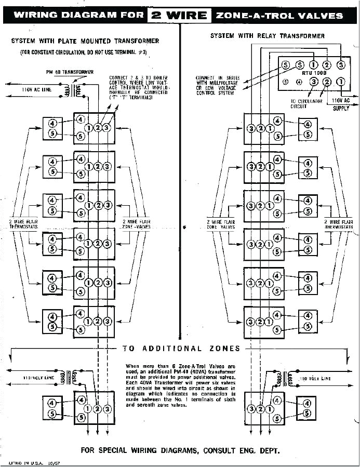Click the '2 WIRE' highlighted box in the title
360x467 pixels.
(x=179, y=15)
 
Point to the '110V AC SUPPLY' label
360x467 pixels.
(x=341, y=103)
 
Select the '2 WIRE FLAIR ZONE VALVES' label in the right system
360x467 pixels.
(x=221, y=224)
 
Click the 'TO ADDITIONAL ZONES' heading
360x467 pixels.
(x=181, y=349)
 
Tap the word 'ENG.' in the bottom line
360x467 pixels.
(x=238, y=450)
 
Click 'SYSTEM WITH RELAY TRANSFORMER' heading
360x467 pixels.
(x=267, y=36)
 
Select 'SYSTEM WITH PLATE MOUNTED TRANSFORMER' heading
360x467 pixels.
(x=85, y=41)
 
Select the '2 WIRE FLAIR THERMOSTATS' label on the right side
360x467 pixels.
(x=338, y=224)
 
